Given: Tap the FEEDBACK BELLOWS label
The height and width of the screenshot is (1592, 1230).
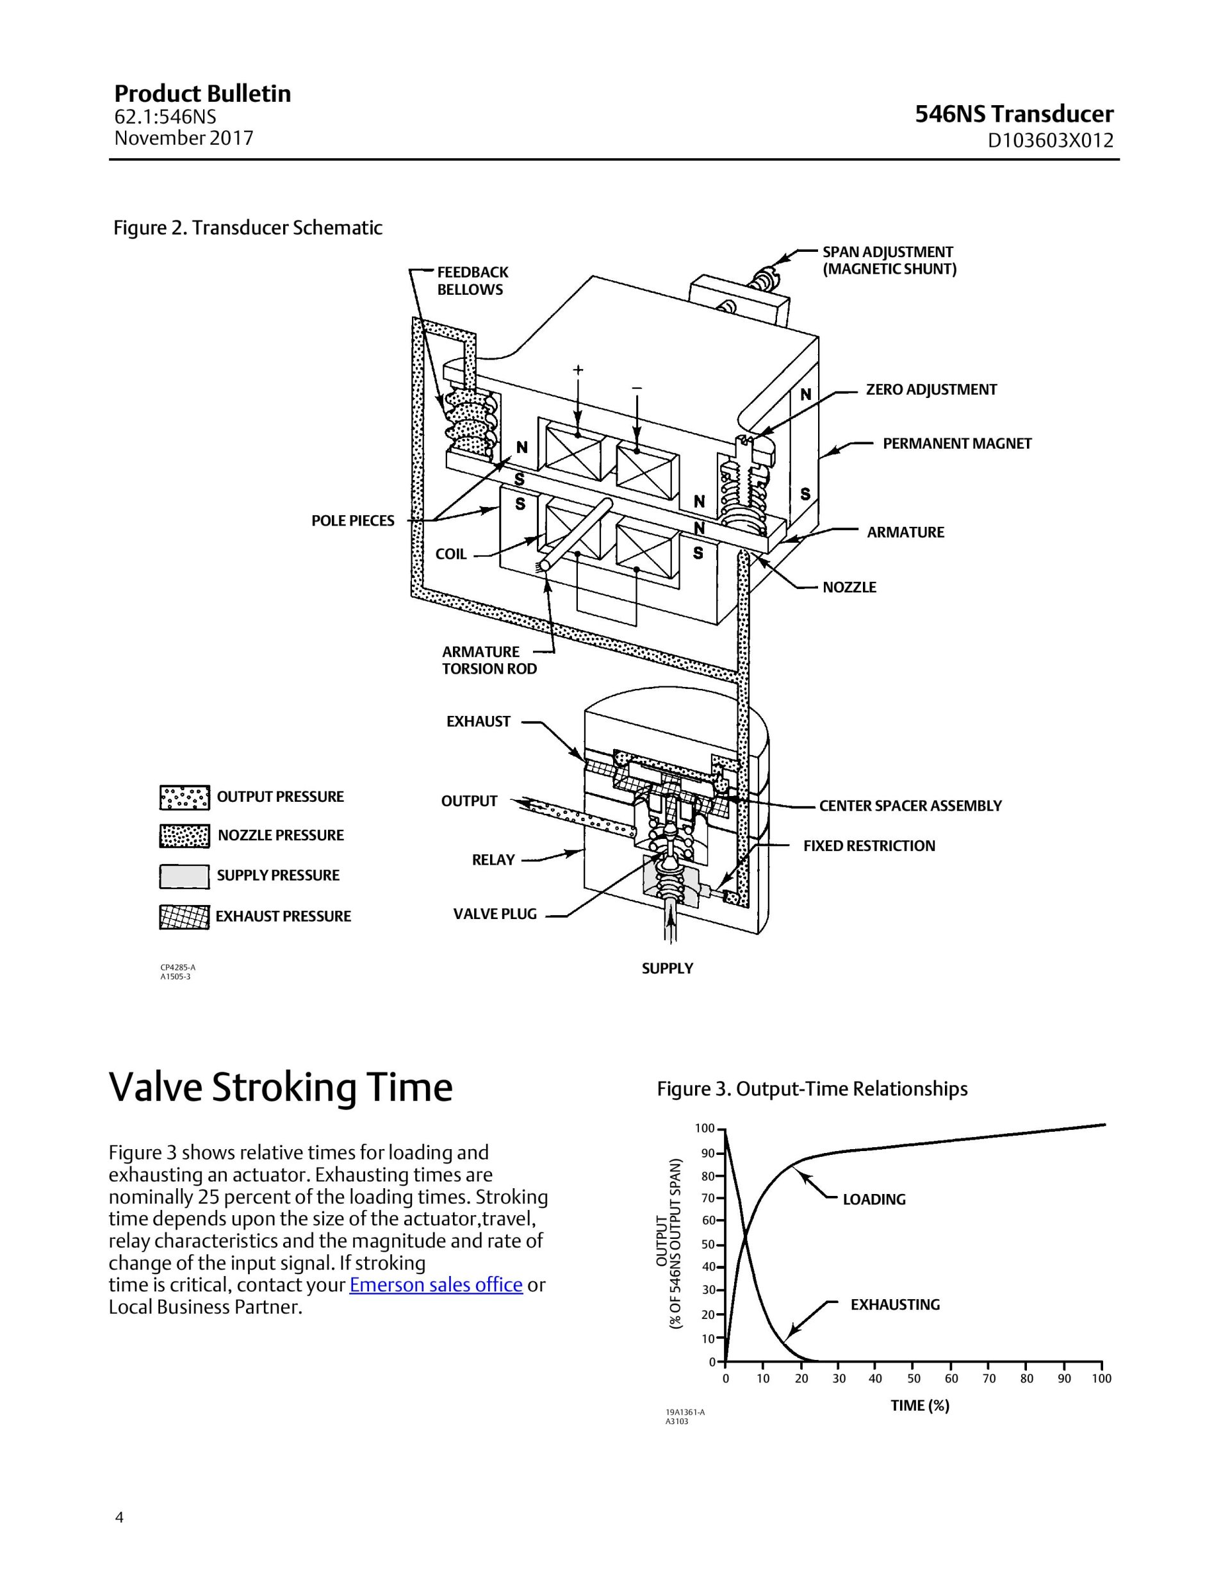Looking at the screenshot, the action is (472, 281).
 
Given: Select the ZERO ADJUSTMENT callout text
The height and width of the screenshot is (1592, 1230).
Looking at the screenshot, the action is (931, 389).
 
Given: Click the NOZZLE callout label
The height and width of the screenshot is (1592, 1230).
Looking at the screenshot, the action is (849, 587).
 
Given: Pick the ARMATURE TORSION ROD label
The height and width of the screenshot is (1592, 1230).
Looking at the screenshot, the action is (489, 660).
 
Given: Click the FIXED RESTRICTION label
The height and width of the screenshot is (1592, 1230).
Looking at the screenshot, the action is (869, 845).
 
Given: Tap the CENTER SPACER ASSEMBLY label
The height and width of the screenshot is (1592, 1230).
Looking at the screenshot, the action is (910, 806).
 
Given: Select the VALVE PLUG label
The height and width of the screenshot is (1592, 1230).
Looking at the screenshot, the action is (495, 914).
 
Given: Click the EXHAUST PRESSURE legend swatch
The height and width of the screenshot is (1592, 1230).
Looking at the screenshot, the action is (184, 917).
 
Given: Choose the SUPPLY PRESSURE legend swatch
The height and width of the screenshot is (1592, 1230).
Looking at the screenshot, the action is (184, 876).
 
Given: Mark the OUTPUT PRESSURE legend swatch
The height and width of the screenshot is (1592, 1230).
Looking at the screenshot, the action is (184, 797).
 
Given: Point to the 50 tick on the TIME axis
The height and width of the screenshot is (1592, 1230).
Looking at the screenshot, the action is (914, 1379).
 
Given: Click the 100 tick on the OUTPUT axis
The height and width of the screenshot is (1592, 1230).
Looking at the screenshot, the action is (705, 1129).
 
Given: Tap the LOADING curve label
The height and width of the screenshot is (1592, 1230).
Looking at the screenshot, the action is (874, 1199).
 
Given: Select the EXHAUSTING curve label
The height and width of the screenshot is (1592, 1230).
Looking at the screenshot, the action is (895, 1304).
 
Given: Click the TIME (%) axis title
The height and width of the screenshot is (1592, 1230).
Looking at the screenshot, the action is (919, 1405).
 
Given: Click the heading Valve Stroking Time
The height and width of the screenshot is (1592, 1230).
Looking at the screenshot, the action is (281, 1089).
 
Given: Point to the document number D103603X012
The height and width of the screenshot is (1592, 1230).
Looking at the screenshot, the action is (1050, 141).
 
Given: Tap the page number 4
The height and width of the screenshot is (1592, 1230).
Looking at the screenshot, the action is (120, 1518).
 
